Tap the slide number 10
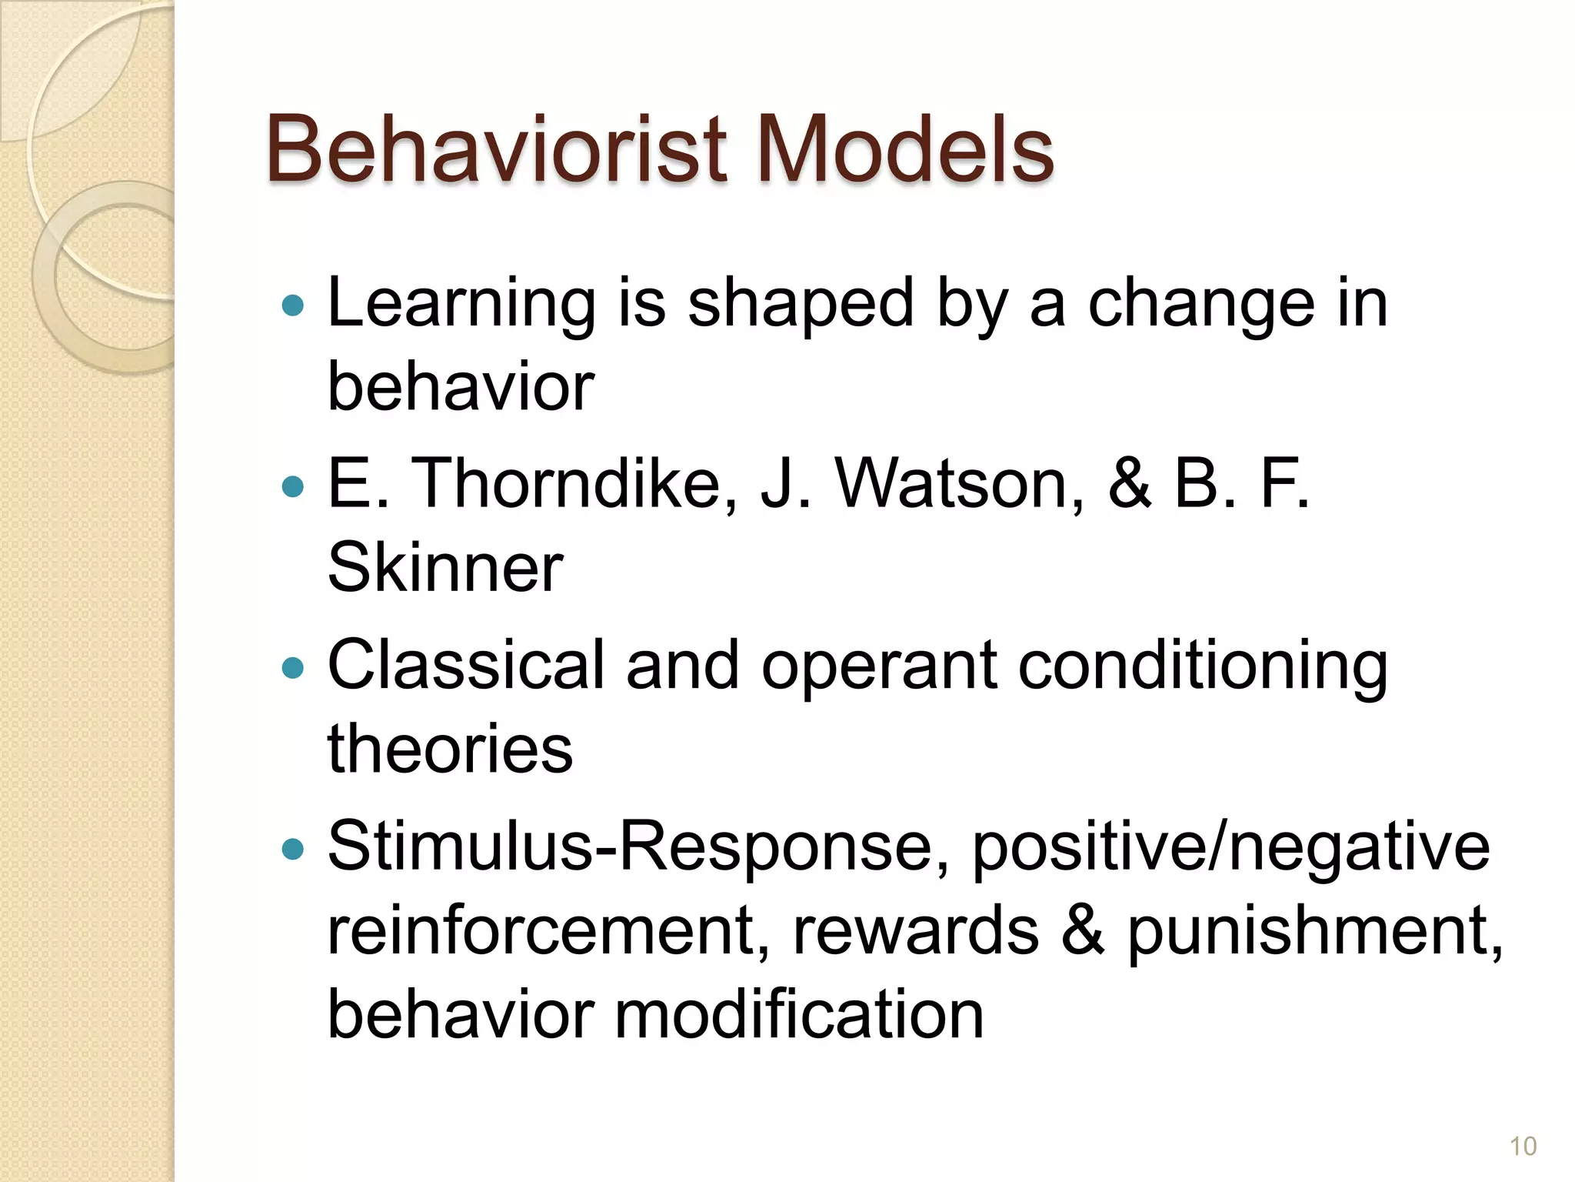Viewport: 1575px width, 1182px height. (1523, 1146)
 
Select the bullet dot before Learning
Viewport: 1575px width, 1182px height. (293, 306)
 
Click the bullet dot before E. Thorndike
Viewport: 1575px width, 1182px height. (293, 486)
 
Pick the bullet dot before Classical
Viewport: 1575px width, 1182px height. (293, 667)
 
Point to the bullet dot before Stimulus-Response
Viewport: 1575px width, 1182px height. (293, 849)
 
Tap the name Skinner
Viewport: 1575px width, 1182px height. (445, 568)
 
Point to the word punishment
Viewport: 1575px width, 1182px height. (1314, 931)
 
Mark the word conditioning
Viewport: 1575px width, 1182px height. (1204, 666)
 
